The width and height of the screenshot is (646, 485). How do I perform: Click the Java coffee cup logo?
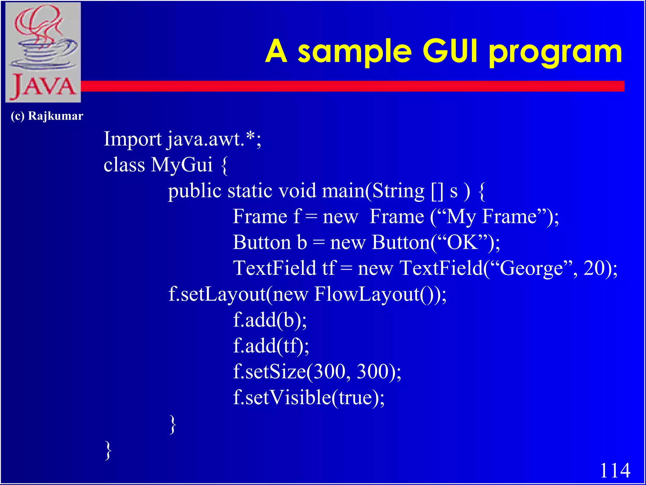[x=43, y=52]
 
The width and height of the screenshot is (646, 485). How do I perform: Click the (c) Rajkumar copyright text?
[x=47, y=116]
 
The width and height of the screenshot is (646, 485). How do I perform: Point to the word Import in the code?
[x=132, y=139]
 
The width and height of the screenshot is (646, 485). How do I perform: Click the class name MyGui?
[x=182, y=165]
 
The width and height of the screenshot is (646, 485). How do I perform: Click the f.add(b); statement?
[x=270, y=320]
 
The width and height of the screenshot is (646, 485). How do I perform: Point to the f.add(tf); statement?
[x=271, y=346]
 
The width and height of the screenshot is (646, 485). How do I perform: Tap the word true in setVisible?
[x=355, y=398]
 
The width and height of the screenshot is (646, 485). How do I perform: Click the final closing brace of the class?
[x=108, y=450]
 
